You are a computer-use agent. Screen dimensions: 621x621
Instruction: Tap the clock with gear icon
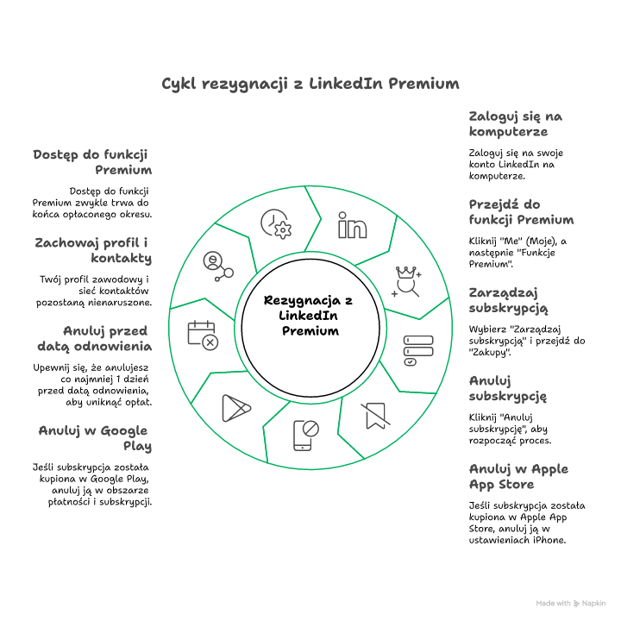277,224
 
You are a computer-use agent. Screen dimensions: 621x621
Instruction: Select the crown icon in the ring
405,281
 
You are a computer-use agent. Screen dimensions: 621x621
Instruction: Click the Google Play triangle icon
235,407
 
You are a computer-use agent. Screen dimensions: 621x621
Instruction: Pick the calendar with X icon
204,335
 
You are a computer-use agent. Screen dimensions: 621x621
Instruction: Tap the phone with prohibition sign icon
306,435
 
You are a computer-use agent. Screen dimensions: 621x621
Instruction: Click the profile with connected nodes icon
216,266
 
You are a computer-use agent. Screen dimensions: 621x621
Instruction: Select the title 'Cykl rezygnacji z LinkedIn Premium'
310,84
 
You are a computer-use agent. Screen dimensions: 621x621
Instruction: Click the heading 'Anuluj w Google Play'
94,438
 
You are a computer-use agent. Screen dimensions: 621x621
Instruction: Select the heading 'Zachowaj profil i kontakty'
93,250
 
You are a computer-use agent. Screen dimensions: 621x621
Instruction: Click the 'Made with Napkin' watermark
570,604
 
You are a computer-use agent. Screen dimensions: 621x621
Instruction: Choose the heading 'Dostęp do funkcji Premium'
93,162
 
